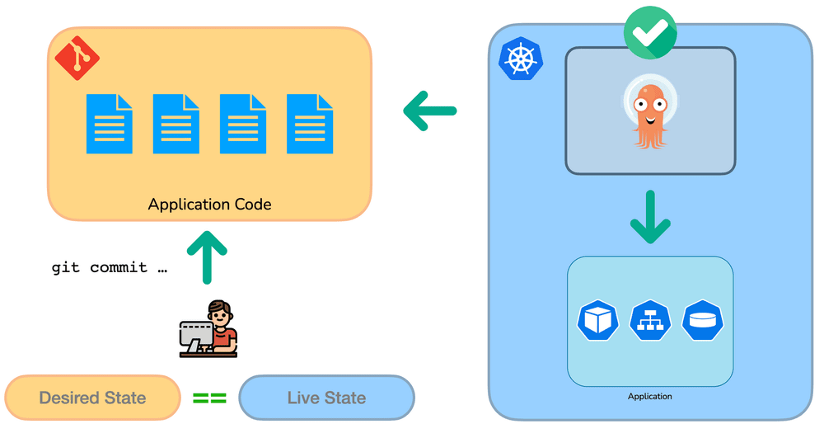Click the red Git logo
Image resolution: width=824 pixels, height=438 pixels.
click(x=77, y=58)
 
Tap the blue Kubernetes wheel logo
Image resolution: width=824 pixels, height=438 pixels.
click(x=521, y=59)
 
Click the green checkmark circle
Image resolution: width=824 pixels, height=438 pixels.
click(x=650, y=33)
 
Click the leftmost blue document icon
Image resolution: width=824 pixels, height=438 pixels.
click(x=110, y=124)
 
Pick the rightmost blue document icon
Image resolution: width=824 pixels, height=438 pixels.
click(x=310, y=124)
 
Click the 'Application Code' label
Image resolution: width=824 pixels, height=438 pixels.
click(x=209, y=205)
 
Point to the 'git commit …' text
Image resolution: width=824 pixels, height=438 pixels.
click(x=110, y=267)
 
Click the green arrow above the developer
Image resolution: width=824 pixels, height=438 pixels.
click(x=207, y=257)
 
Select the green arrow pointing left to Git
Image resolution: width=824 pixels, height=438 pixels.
click(x=430, y=111)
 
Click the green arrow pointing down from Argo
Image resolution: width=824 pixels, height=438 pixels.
click(x=650, y=217)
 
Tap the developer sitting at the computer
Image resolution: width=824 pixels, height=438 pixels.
click(x=208, y=329)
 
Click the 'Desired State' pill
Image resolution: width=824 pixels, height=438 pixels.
click(x=92, y=398)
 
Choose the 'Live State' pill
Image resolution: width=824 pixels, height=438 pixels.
click(x=327, y=398)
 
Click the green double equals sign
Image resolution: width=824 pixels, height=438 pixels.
click(x=209, y=398)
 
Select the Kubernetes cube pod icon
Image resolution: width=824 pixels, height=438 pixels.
click(x=597, y=320)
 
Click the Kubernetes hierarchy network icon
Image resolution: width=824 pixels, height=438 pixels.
click(x=650, y=320)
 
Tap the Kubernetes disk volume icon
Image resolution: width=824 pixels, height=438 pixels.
click(x=703, y=320)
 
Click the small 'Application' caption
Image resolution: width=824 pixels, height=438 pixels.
click(x=650, y=397)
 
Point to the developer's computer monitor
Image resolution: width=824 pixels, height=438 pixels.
click(x=196, y=335)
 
